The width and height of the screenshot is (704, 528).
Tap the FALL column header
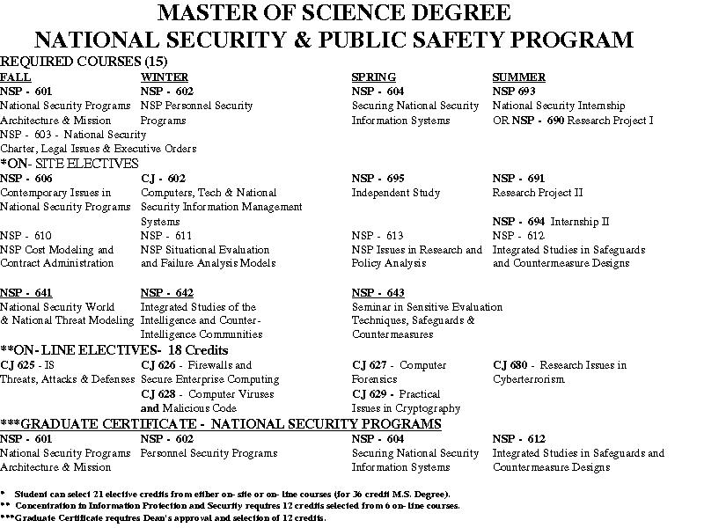tap(15, 77)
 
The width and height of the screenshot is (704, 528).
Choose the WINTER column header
tap(165, 77)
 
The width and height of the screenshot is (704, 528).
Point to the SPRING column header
tap(374, 77)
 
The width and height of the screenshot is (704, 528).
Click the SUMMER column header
tap(519, 77)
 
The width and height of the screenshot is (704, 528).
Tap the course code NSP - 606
tap(26, 178)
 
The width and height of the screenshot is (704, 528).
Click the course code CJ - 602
tap(163, 178)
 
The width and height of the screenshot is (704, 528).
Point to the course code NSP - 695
tap(378, 178)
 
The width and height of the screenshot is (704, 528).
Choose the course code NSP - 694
tap(518, 221)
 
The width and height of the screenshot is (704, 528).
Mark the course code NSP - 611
tap(166, 235)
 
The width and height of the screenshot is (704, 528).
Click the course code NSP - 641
tap(26, 292)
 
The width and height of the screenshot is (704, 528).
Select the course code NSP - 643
tap(378, 292)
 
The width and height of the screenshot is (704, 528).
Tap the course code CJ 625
tap(18, 364)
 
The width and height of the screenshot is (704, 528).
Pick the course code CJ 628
tap(158, 393)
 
